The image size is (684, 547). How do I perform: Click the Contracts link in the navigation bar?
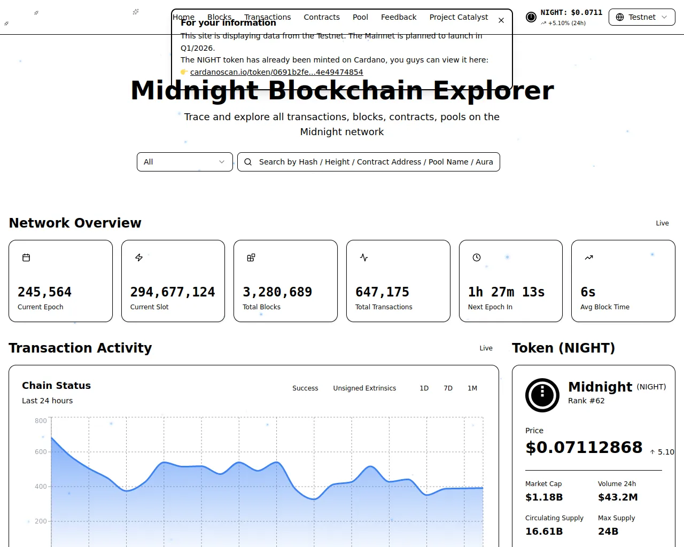tap(322, 17)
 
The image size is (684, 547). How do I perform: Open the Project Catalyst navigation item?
tap(458, 17)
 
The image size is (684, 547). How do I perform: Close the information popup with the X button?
tap(501, 20)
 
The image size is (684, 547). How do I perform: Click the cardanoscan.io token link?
tap(276, 72)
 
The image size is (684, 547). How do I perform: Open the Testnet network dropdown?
tap(642, 17)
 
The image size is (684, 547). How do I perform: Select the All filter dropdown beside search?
tap(184, 162)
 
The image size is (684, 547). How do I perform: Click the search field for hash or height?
tap(369, 162)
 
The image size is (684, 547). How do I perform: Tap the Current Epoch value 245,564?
tap(44, 292)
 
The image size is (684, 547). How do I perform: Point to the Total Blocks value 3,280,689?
tap(277, 292)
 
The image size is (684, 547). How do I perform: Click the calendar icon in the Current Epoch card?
tap(26, 257)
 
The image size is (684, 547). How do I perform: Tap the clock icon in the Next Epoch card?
tap(477, 257)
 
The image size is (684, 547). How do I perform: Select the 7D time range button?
tap(448, 388)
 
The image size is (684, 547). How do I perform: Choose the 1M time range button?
tap(472, 388)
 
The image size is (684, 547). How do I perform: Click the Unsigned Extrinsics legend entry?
tap(364, 388)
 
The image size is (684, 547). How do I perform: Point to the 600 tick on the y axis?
tap(41, 452)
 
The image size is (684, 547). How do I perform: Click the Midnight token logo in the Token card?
tap(542, 395)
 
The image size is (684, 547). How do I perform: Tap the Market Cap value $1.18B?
tap(544, 497)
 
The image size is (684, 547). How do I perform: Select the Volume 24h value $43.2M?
tap(618, 497)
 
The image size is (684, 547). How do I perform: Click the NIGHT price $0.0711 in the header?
tap(571, 12)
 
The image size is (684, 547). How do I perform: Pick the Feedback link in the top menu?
tap(399, 17)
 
